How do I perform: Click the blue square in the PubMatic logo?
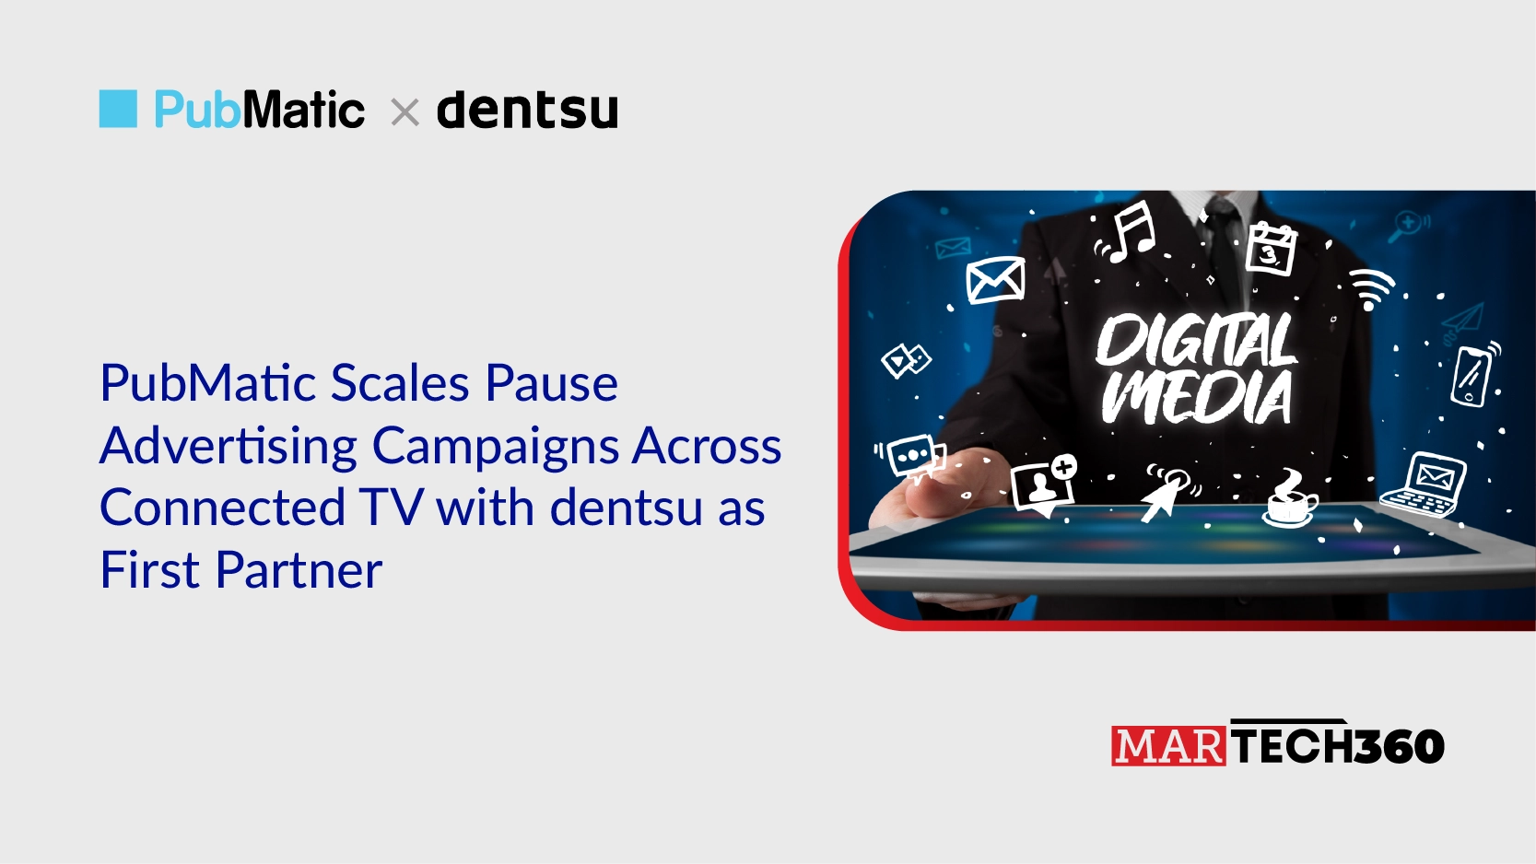click(x=118, y=109)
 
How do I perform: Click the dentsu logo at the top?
click(x=527, y=111)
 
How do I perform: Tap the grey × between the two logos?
click(x=405, y=113)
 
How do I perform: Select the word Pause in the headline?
click(x=551, y=383)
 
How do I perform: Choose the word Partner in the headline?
click(x=299, y=570)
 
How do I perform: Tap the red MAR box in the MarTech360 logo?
click(x=1168, y=746)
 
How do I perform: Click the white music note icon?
click(x=1131, y=232)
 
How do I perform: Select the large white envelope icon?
click(x=995, y=280)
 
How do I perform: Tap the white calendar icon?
click(x=1271, y=249)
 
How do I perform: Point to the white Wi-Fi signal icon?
click(x=1371, y=289)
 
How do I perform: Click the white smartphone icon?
click(x=1472, y=375)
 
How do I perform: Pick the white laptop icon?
click(x=1425, y=485)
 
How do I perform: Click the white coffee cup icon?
click(x=1290, y=500)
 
